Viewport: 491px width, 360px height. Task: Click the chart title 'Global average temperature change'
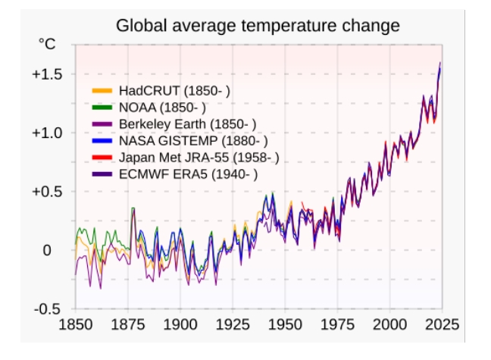[258, 26]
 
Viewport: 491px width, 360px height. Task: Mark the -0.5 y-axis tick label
[48, 309]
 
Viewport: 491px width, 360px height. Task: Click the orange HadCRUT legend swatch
[102, 91]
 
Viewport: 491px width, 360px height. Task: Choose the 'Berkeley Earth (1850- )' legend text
[187, 124]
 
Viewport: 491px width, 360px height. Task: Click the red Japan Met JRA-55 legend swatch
[102, 158]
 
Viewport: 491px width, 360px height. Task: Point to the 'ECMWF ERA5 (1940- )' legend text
[189, 174]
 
